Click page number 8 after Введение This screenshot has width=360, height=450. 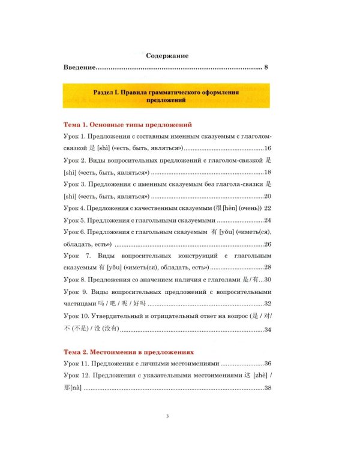(265, 67)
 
